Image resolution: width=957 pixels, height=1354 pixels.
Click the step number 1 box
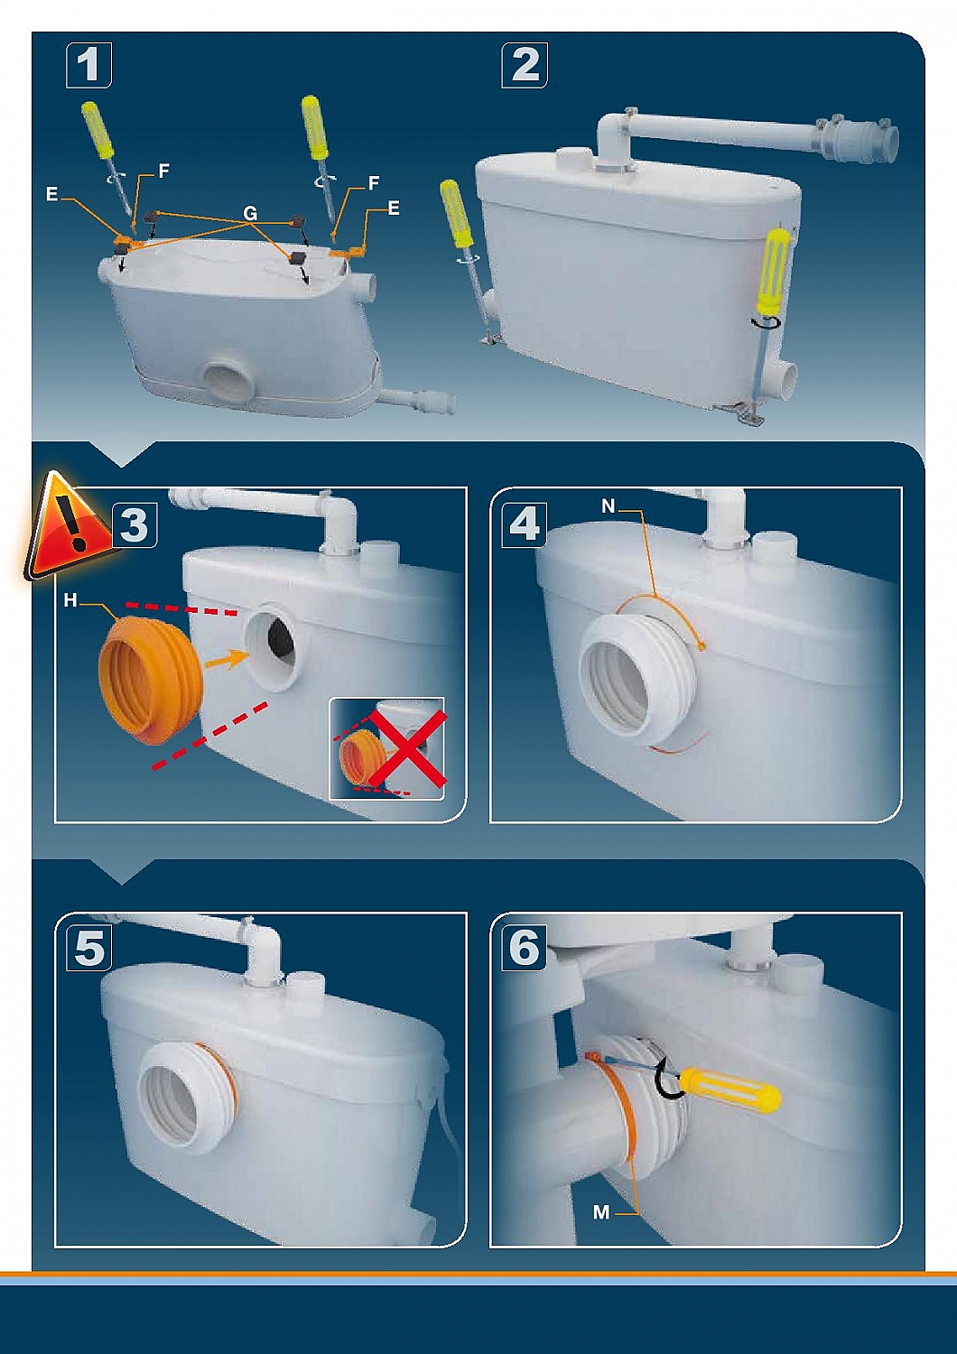[88, 65]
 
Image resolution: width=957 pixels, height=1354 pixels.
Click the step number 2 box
[525, 65]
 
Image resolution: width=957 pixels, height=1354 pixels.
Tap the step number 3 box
[134, 524]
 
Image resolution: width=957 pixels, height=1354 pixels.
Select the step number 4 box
[525, 524]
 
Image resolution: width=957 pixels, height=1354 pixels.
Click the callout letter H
[70, 602]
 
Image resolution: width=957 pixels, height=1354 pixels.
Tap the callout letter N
[609, 506]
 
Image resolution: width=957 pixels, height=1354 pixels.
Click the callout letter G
[250, 213]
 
